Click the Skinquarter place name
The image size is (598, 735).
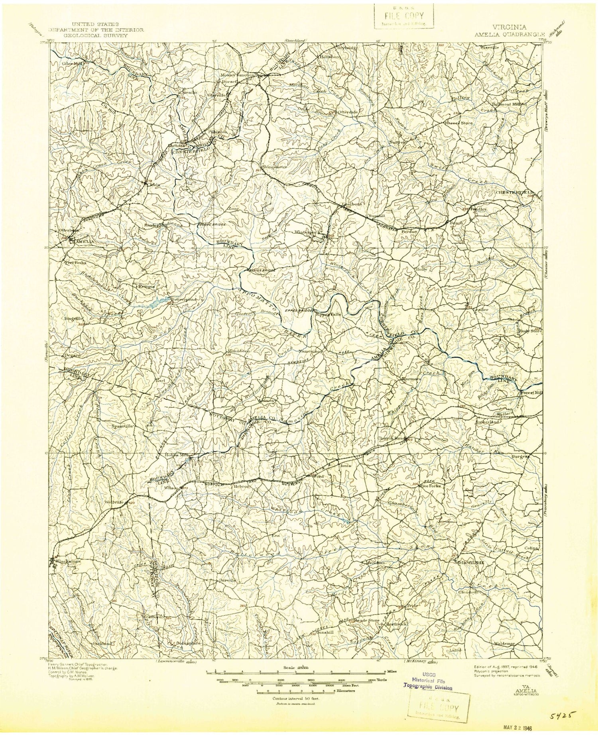[274, 167]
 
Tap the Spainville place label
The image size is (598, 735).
[121, 426]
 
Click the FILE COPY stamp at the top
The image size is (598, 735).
[403, 17]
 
